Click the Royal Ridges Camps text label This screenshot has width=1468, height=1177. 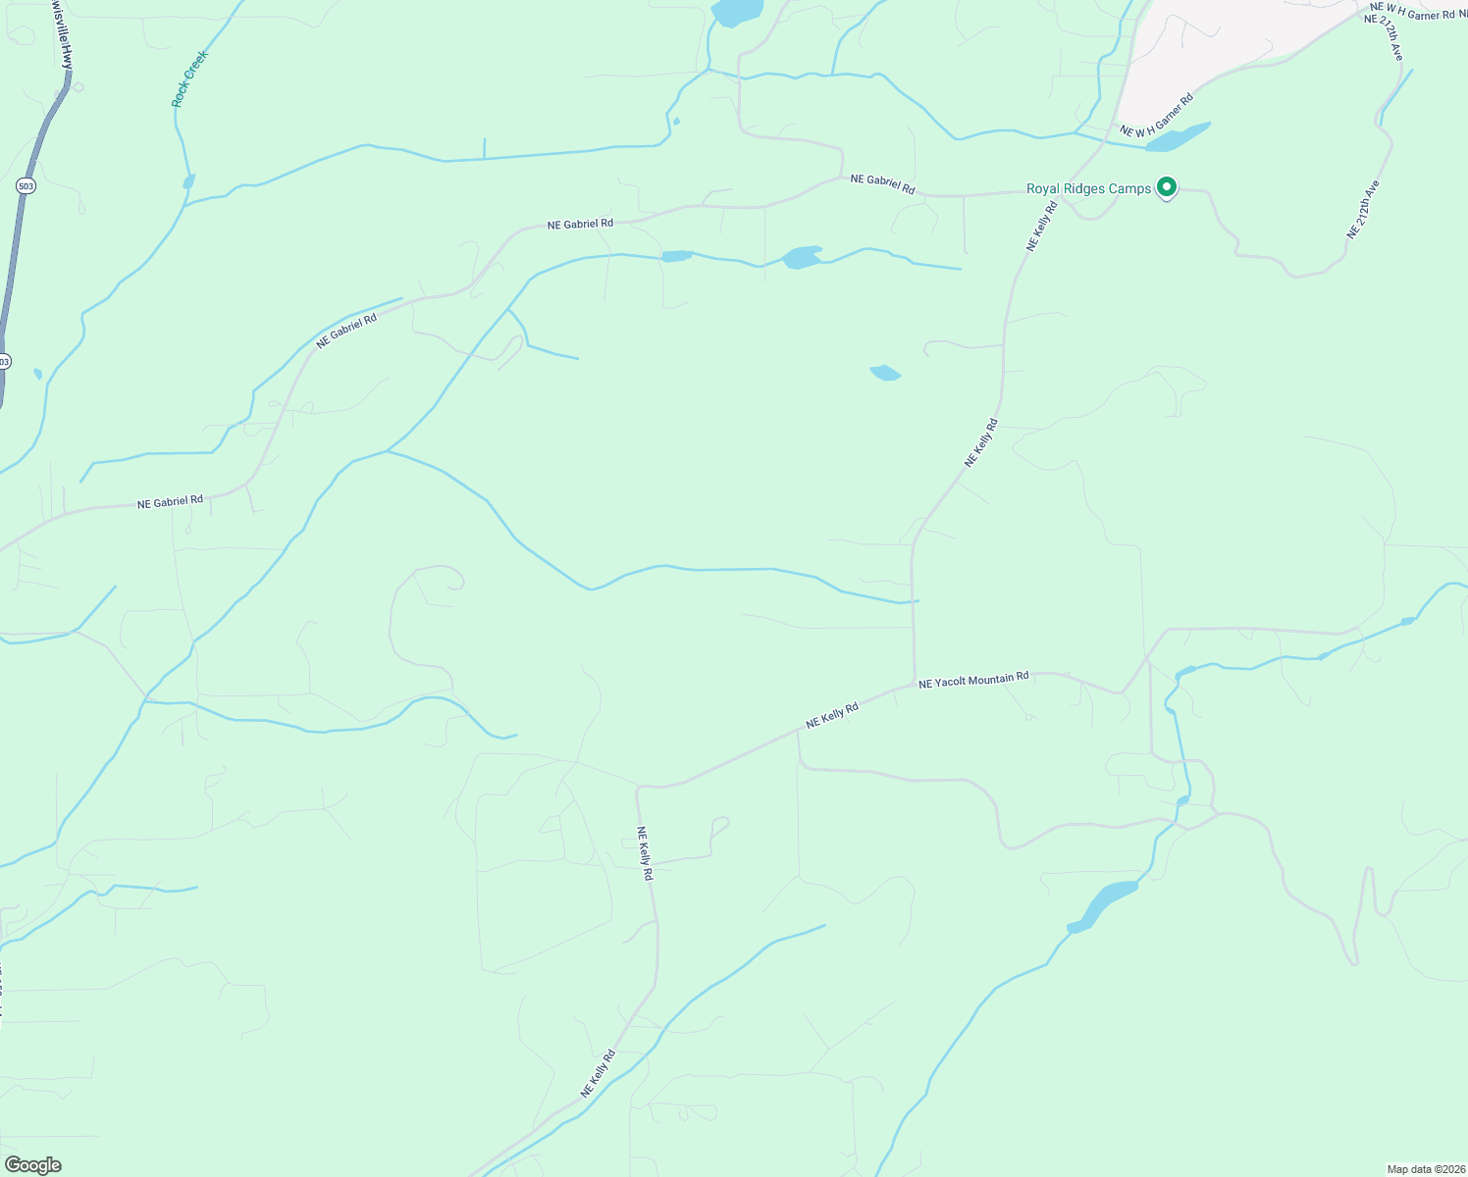[x=1088, y=188]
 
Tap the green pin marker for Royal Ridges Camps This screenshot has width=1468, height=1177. [x=1167, y=186]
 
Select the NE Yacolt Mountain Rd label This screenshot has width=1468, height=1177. [x=973, y=679]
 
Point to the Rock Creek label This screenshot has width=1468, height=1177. [x=189, y=78]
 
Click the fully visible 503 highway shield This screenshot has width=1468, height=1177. [x=26, y=185]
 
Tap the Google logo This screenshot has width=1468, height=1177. [x=32, y=1165]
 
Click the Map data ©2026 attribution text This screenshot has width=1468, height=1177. [x=1424, y=1169]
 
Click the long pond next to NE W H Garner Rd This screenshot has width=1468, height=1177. [x=1178, y=137]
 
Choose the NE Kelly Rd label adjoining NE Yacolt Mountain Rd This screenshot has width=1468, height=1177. [x=832, y=715]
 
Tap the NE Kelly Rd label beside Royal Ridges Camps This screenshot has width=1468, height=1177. [x=1042, y=226]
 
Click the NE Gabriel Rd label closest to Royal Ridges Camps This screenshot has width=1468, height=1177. [x=882, y=182]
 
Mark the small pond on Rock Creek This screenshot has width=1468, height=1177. [x=188, y=181]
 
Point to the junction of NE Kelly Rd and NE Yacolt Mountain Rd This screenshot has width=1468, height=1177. [x=915, y=683]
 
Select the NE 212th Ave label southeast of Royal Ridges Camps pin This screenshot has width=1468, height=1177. [x=1363, y=209]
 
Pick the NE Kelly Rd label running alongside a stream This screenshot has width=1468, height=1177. [x=598, y=1073]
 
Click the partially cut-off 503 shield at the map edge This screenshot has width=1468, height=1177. [x=4, y=361]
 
